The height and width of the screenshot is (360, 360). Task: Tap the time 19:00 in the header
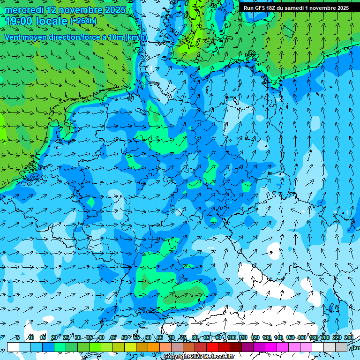(x=19, y=21)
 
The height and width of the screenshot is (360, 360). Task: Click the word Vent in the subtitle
(x=14, y=37)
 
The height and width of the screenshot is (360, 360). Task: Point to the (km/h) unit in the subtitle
(x=135, y=37)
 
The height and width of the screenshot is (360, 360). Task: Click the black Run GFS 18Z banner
(x=296, y=8)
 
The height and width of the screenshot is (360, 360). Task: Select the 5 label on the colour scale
(x=17, y=337)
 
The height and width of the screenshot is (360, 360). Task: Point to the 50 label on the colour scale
(x=124, y=337)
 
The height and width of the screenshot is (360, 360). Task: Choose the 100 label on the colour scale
(x=231, y=337)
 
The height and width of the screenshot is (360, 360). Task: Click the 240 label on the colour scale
(x=348, y=337)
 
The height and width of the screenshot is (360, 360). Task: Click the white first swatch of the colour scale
(x=13, y=347)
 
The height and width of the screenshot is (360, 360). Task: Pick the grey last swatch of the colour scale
(x=341, y=347)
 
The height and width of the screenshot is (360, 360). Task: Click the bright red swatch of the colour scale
(x=212, y=347)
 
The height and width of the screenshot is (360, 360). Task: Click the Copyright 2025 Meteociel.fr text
(x=199, y=357)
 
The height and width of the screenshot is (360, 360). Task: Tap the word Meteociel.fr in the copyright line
(x=218, y=357)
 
